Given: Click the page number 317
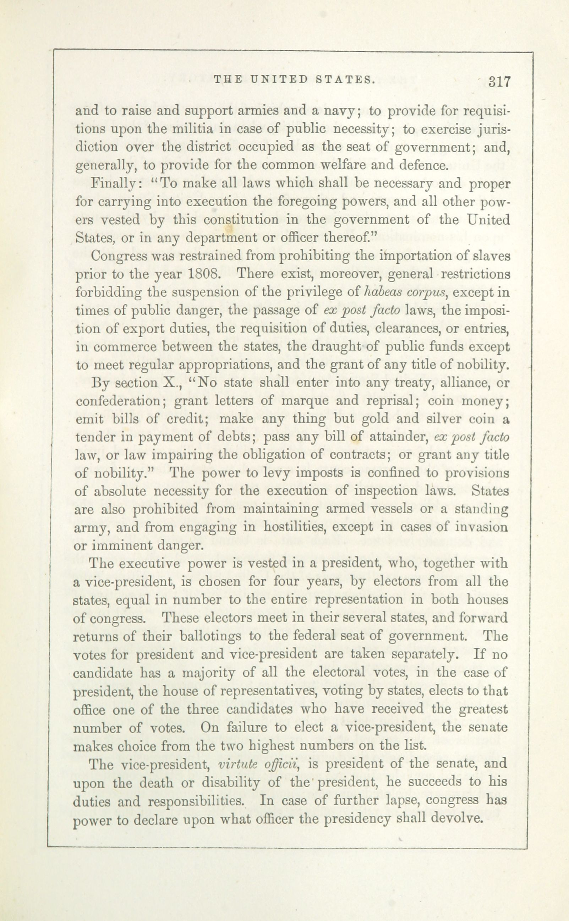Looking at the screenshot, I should pyautogui.click(x=499, y=82).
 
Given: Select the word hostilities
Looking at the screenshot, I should pyautogui.click(x=295, y=527).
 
